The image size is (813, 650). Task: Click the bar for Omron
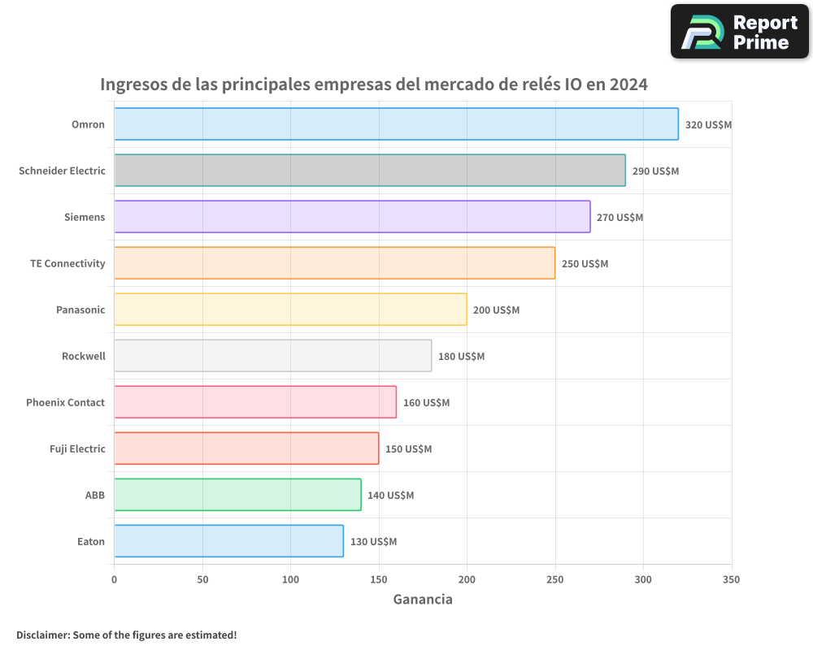[x=396, y=124]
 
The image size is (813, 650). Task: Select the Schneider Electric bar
[x=370, y=171]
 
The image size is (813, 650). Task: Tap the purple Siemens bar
[x=352, y=217]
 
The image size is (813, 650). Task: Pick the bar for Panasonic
[x=290, y=310]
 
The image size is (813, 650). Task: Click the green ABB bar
[x=237, y=495]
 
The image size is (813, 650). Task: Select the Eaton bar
[x=228, y=541]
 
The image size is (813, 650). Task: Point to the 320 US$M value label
[x=709, y=125]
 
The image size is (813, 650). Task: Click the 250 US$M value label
[x=585, y=264]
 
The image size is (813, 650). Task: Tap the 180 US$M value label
[x=461, y=357]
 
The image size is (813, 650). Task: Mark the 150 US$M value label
[x=408, y=449]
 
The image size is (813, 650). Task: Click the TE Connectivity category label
[x=67, y=263]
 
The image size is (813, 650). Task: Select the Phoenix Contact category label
[x=65, y=402]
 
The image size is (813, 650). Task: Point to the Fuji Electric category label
[x=77, y=448]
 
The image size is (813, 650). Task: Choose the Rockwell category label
[x=84, y=356]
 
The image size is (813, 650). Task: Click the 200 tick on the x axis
[x=467, y=579]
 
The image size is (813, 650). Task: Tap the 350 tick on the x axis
[x=731, y=579]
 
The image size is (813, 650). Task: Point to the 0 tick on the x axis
[x=114, y=579]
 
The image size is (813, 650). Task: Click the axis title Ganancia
[x=423, y=600]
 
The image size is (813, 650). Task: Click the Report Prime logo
[x=739, y=32]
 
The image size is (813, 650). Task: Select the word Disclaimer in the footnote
[x=42, y=635]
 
